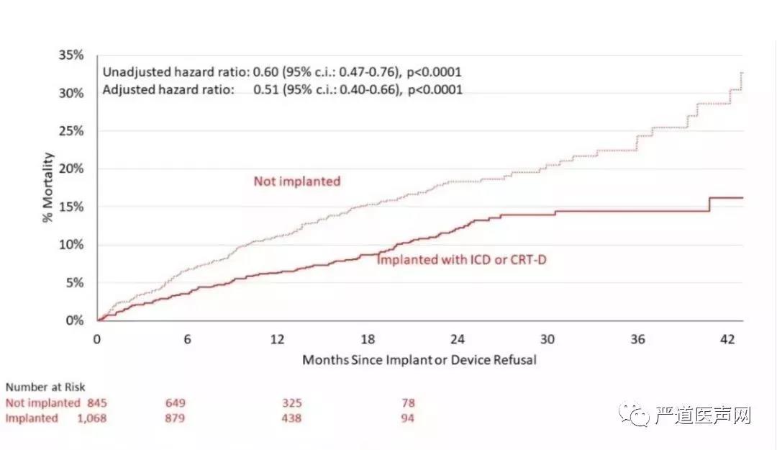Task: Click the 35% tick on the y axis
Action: pos(73,55)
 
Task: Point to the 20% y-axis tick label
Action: pos(73,168)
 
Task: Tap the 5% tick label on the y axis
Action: pos(76,282)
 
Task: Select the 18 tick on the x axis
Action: pos(368,339)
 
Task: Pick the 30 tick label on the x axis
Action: pos(547,339)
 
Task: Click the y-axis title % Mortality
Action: pos(48,188)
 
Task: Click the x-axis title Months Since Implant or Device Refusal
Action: pos(419,359)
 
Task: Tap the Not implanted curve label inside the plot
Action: pos(296,181)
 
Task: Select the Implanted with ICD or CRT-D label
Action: pos(462,259)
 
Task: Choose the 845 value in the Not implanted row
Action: pos(96,403)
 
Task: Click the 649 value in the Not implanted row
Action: pos(176,403)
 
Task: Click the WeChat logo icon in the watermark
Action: pos(636,415)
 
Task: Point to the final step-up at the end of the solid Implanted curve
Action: pos(710,204)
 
